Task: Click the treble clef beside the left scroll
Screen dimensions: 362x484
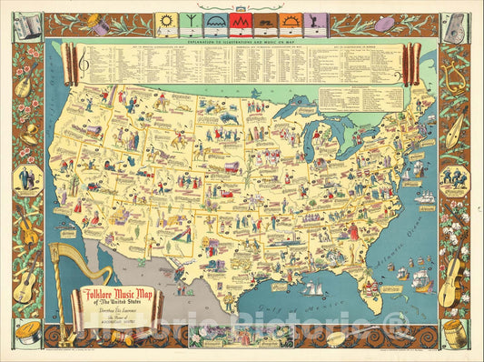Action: coord(84,60)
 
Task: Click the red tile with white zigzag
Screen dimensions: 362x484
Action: coord(240,20)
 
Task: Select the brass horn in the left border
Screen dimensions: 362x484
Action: coord(30,130)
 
